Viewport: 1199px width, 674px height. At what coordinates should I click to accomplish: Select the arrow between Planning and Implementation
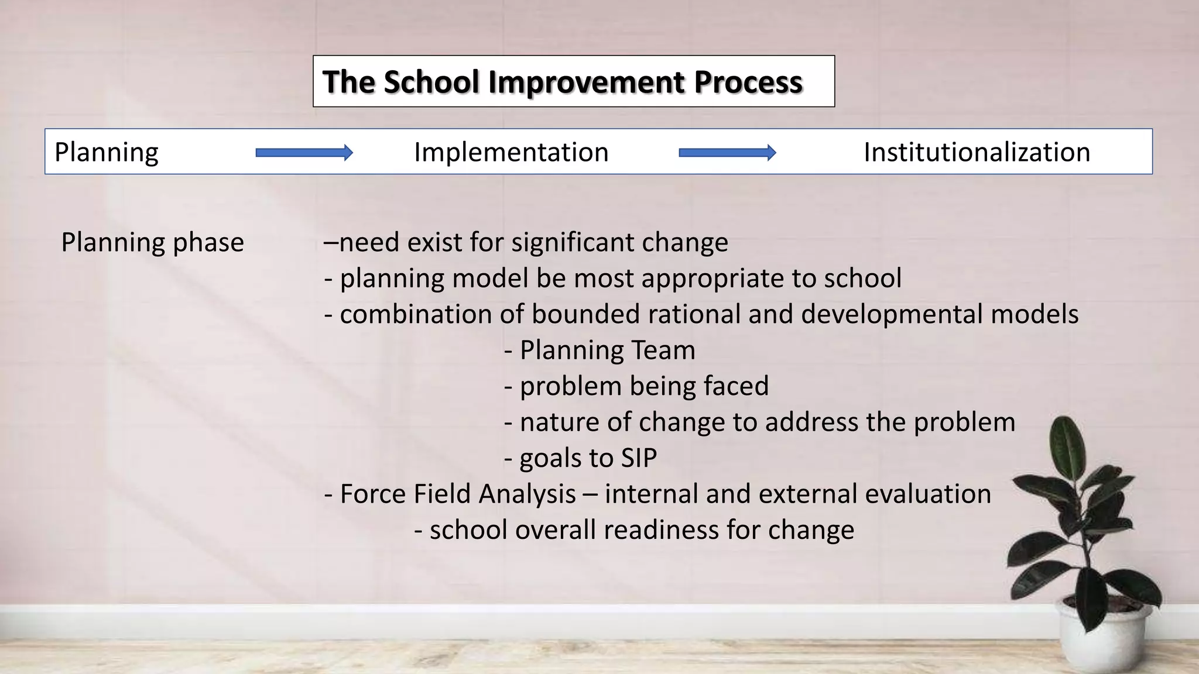point(304,153)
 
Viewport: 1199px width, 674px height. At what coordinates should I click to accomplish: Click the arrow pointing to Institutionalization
point(727,153)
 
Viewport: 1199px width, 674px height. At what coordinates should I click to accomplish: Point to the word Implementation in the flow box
point(511,152)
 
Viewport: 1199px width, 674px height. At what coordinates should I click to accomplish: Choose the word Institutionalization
point(977,152)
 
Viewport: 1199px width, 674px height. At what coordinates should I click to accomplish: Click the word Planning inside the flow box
point(106,152)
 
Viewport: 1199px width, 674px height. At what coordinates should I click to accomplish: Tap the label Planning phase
point(152,242)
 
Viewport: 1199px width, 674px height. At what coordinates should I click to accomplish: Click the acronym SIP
point(639,458)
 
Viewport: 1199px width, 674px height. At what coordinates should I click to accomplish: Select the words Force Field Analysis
point(458,494)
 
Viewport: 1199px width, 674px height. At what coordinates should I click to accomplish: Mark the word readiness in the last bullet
point(662,530)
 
